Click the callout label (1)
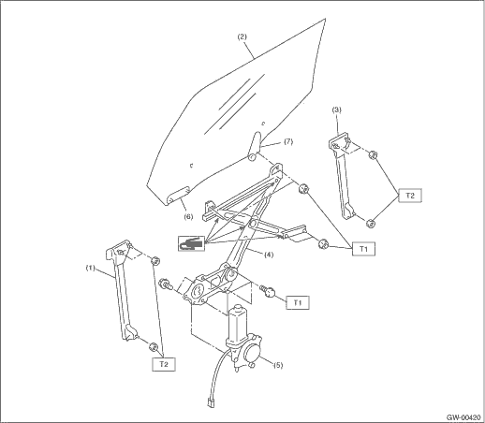coord(90,268)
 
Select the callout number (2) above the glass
coord(242,36)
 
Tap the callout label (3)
coord(336,109)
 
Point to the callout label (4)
coord(269,255)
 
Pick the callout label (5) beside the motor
coord(278,365)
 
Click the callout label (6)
coord(188,216)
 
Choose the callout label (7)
coord(288,141)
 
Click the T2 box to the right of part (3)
coord(410,196)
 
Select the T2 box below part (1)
coord(164,364)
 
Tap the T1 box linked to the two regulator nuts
coord(363,249)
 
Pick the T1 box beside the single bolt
coord(298,302)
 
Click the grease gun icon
coord(192,243)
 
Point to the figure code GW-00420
coord(463,417)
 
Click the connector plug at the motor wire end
coord(211,402)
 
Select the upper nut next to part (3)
coord(373,154)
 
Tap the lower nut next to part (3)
coord(370,224)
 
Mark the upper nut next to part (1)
coord(155,260)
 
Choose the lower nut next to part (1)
coord(154,346)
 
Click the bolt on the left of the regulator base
coord(165,284)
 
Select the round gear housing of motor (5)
coord(252,352)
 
